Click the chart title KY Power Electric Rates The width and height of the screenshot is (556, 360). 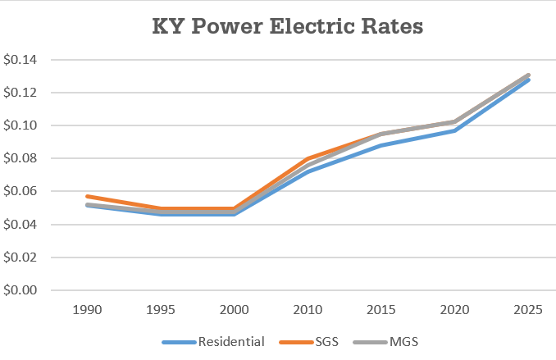pos(287,26)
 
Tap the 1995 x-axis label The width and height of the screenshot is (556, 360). pos(159,311)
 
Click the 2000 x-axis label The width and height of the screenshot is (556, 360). pos(234,311)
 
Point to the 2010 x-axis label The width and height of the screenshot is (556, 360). pos(308,311)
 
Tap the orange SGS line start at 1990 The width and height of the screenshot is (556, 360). pos(86,196)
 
